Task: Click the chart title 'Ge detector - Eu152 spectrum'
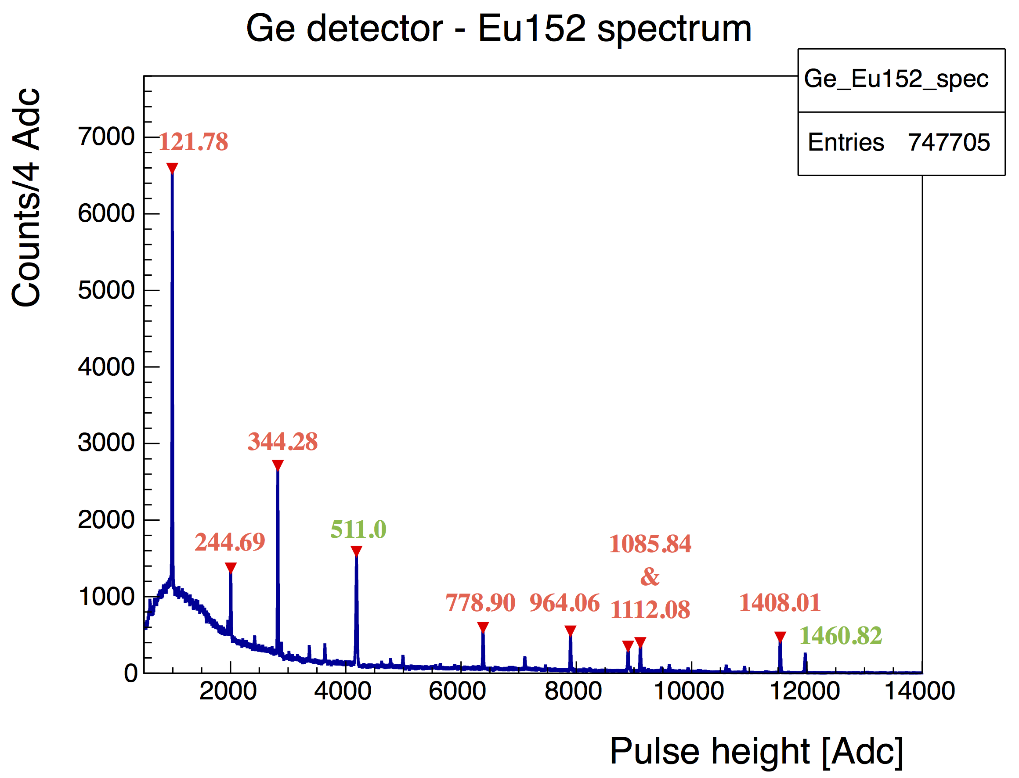pos(499,29)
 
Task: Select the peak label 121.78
pos(193,142)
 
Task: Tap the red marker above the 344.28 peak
pos(278,465)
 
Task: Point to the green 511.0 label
pos(358,529)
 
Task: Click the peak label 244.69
pos(230,542)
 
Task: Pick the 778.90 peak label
pos(481,603)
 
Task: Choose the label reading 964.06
pos(564,603)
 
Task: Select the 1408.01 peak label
pos(780,603)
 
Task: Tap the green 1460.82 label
pos(840,636)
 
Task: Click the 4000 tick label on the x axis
pos(343,692)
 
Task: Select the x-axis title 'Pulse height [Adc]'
pos(756,751)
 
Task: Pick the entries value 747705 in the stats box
pos(949,142)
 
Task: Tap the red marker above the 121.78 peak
pos(172,168)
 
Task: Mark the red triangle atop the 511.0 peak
pos(356,551)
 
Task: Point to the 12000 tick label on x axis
pos(805,692)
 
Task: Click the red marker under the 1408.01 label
pos(780,637)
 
